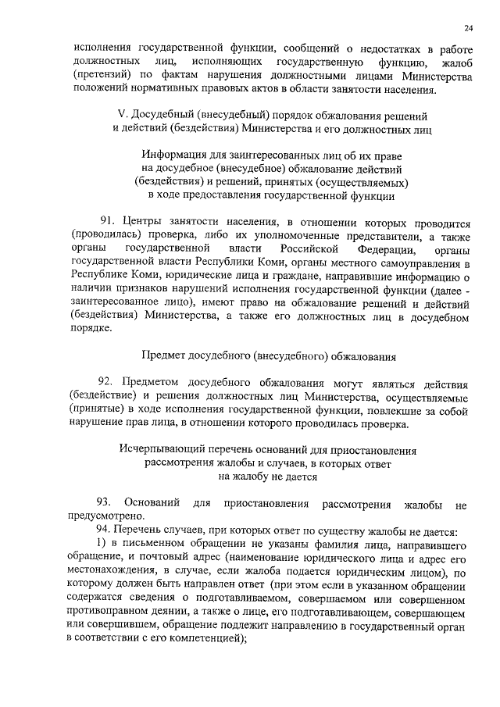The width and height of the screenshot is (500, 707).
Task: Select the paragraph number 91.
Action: click(108, 222)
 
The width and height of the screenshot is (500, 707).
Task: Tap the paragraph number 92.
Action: click(108, 383)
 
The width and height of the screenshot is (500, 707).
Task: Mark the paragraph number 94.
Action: click(104, 531)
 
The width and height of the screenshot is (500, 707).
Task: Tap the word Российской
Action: click(332, 249)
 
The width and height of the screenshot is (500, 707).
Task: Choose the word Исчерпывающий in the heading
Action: click(159, 451)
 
